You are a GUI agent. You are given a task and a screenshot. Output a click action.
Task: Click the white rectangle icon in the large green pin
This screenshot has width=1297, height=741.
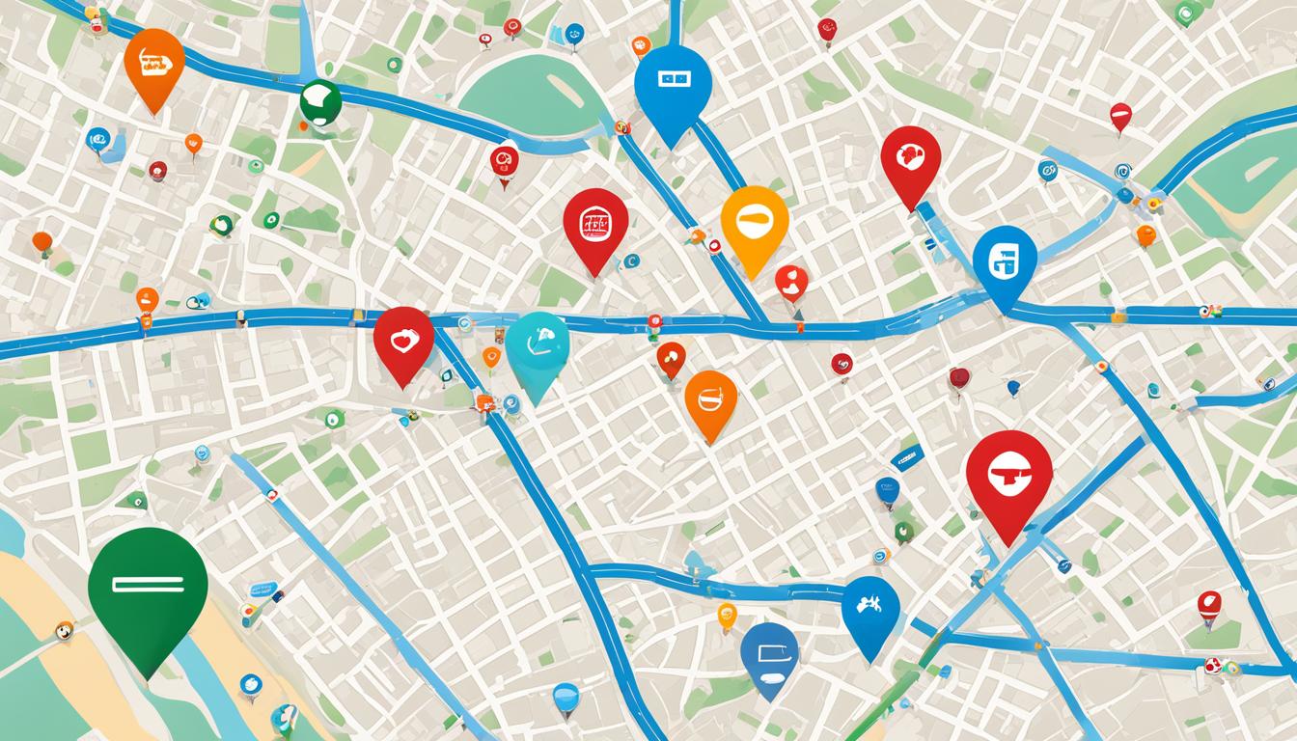click(147, 584)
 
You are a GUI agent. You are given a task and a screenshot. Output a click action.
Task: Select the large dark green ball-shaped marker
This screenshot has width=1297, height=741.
click(320, 101)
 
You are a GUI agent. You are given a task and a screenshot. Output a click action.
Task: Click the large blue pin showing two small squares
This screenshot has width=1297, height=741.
click(673, 84)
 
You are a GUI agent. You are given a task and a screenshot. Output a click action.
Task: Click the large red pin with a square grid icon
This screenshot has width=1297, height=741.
click(595, 223)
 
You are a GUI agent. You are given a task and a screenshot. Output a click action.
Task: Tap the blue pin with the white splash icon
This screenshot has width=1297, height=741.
click(870, 607)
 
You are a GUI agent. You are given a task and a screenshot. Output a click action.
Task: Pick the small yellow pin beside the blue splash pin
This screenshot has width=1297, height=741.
click(727, 614)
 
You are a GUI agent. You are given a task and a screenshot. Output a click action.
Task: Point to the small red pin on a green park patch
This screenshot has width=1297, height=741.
click(1209, 605)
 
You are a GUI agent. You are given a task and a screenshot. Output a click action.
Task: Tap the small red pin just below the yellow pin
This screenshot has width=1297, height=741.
click(791, 282)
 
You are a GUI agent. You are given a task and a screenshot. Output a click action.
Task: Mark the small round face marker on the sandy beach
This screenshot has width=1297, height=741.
click(64, 630)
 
